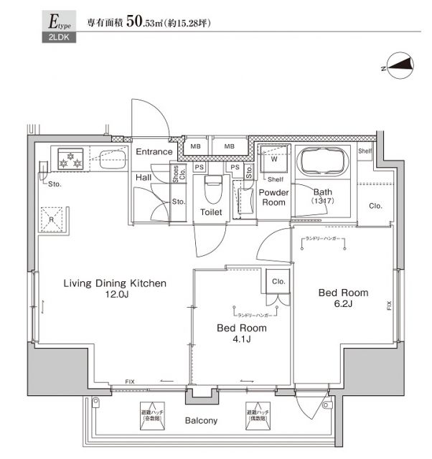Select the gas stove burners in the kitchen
[71, 158]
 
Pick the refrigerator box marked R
[54, 219]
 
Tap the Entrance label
[154, 151]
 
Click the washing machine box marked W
[273, 159]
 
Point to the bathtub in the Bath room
[321, 162]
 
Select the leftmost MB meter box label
[195, 146]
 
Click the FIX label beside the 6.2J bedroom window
[389, 305]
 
